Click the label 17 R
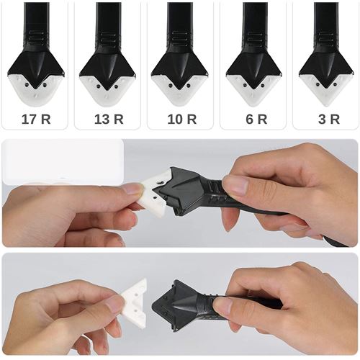tap(36, 120)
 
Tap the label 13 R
tap(109, 120)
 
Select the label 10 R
tap(182, 120)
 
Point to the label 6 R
tap(256, 120)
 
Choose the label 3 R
tap(329, 120)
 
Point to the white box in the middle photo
tap(63, 162)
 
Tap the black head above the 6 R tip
tap(254, 65)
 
